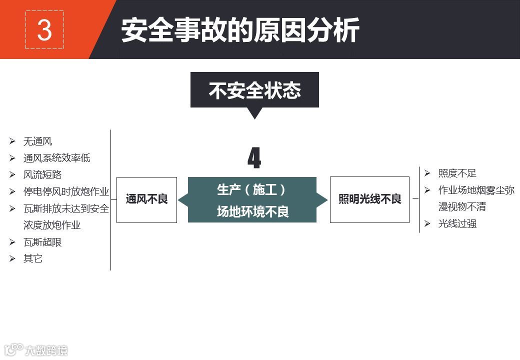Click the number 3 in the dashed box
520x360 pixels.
[44, 30]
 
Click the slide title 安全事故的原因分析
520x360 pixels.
[240, 30]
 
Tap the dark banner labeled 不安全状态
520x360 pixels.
[254, 90]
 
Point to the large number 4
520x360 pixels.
[254, 158]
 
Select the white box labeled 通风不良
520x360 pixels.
[146, 199]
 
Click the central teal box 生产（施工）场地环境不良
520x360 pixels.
[252, 200]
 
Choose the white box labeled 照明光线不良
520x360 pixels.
[369, 199]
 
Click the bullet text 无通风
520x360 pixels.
[37, 141]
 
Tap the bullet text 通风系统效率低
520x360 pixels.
[56, 158]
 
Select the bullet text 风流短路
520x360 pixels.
[42, 175]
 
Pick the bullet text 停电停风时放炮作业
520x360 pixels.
[66, 191]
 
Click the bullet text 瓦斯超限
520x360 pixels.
[42, 242]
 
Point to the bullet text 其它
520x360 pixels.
[33, 258]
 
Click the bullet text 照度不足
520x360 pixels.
[457, 173]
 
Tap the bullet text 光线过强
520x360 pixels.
[457, 223]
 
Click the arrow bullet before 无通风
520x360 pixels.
[12, 141]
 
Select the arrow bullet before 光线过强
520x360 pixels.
[427, 223]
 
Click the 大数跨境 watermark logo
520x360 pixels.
[35, 349]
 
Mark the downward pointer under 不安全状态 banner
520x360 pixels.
[254, 113]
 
